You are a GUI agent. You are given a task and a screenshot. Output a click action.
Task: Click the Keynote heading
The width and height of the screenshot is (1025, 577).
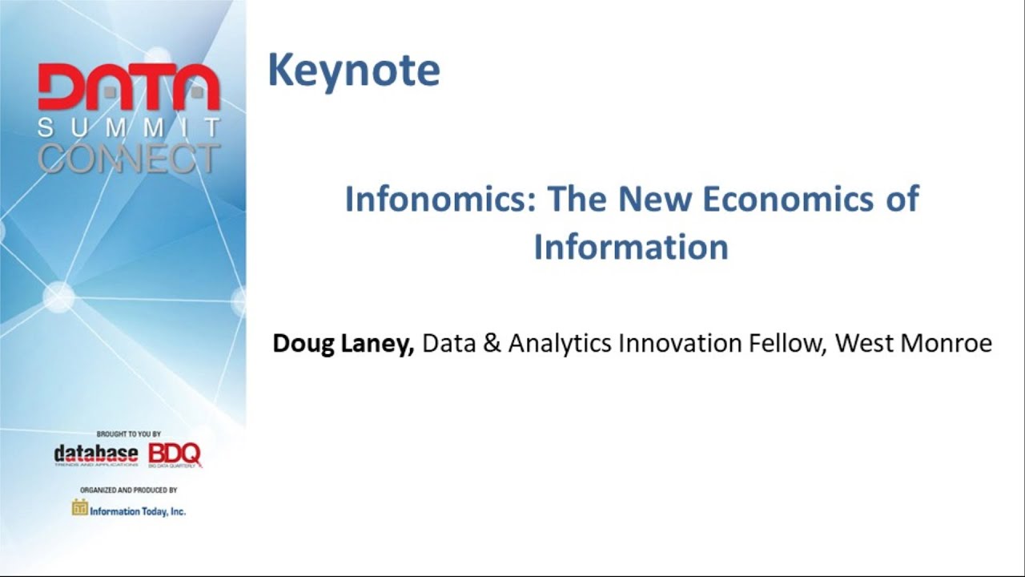click(x=353, y=71)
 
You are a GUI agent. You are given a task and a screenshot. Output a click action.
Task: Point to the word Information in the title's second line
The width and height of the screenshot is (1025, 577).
click(x=631, y=247)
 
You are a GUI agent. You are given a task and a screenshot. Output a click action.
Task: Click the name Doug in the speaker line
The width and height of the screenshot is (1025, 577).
click(x=300, y=344)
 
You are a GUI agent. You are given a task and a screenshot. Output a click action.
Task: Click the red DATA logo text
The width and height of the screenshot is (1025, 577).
click(x=128, y=88)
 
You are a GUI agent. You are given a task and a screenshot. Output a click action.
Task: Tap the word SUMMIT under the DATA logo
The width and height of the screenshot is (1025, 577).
click(x=128, y=127)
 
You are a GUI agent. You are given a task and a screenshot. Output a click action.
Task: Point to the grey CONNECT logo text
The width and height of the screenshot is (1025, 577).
click(x=128, y=159)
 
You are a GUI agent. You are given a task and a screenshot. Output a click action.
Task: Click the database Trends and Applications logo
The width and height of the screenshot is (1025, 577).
click(x=96, y=455)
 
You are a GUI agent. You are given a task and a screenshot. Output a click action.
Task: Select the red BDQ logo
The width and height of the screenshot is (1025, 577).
click(x=175, y=454)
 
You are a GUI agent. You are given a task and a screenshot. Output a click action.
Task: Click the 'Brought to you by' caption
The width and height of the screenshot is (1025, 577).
click(x=128, y=434)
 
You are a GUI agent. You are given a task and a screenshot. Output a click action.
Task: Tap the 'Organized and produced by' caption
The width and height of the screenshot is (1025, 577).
click(x=128, y=490)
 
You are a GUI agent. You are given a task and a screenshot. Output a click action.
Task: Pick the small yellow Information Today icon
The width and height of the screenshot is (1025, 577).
click(x=79, y=507)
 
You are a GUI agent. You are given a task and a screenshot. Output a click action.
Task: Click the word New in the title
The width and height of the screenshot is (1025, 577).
click(x=658, y=200)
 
